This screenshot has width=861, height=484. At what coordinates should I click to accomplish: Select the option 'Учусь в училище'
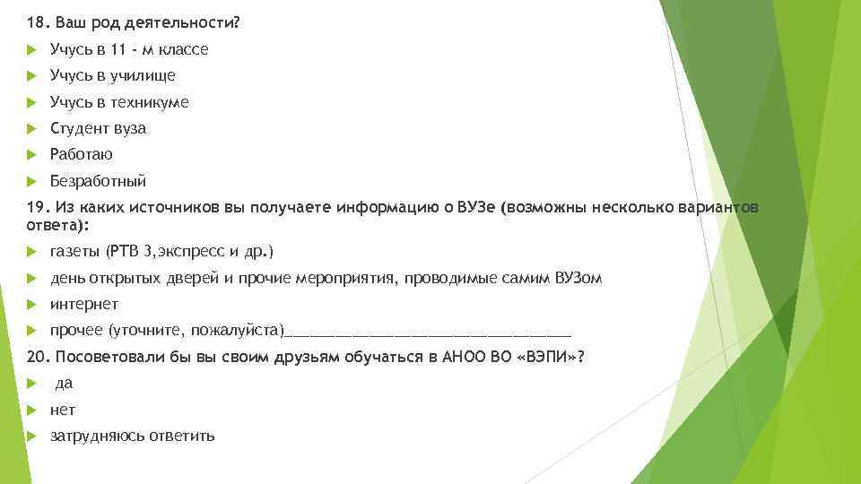(x=112, y=76)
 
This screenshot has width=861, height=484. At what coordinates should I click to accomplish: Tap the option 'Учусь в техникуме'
(x=119, y=102)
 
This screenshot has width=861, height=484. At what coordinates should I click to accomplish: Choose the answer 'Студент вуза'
(x=98, y=128)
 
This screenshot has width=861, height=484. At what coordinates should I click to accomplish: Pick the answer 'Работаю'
(x=81, y=154)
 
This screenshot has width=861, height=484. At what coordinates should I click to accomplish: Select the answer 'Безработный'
(x=98, y=180)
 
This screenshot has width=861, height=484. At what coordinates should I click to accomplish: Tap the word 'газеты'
(x=75, y=252)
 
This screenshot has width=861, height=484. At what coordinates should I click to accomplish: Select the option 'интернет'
(x=83, y=304)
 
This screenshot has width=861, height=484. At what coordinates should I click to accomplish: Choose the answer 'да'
(x=64, y=384)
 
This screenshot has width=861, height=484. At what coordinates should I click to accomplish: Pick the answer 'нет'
(x=63, y=410)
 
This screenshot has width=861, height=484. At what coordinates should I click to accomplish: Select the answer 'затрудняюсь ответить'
(x=132, y=436)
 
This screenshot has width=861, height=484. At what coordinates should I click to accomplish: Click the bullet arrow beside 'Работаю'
(x=31, y=154)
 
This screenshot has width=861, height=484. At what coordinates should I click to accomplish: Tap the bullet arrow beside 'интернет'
(x=31, y=304)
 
